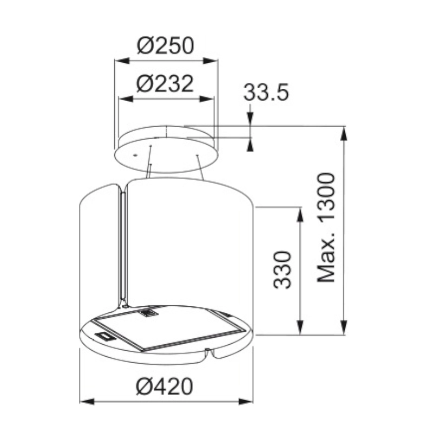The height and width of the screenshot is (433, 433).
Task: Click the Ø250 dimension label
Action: (166, 45)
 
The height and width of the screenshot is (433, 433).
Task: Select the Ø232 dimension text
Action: (165, 83)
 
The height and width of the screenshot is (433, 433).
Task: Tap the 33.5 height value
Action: (266, 92)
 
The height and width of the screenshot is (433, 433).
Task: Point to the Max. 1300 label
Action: (326, 227)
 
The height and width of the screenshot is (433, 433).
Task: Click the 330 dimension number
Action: (282, 270)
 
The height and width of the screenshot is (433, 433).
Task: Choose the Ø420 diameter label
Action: (165, 386)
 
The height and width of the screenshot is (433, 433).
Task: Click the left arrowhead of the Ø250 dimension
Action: (122, 61)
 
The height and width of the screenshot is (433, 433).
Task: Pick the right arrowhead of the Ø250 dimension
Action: (211, 61)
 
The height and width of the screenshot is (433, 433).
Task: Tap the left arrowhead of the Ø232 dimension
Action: (126, 99)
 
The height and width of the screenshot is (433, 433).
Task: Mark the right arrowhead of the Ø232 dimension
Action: (206, 99)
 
